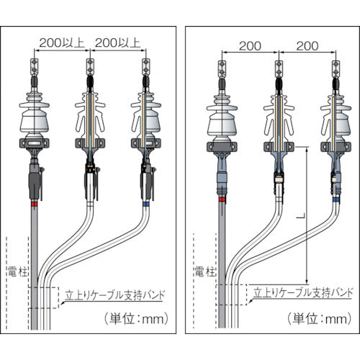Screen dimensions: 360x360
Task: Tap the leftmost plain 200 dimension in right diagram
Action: pyautogui.click(x=248, y=45)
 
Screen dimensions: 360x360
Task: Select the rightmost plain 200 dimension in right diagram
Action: pyautogui.click(x=306, y=45)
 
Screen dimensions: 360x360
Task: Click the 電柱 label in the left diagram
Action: pyautogui.click(x=17, y=272)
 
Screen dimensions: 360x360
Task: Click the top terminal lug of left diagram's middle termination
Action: pyautogui.click(x=90, y=67)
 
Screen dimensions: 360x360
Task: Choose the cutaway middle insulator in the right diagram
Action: pyautogui.click(x=278, y=119)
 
